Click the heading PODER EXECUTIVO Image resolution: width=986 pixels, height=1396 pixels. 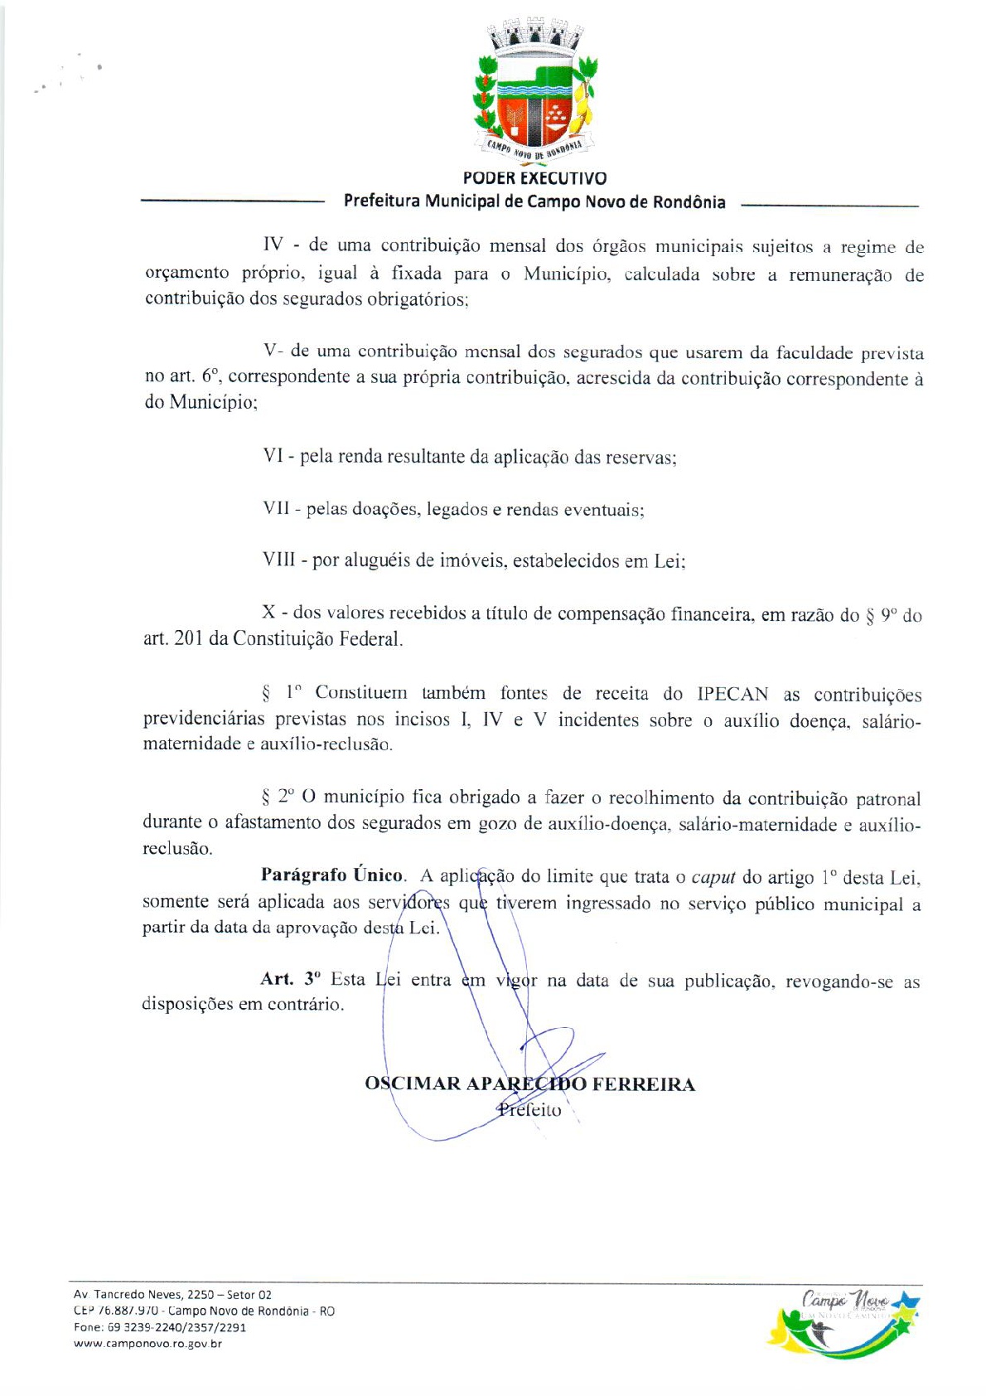[x=534, y=178]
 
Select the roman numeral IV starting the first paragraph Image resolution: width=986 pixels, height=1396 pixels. [x=273, y=245]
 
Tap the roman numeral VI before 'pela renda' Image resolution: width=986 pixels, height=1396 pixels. [x=273, y=457]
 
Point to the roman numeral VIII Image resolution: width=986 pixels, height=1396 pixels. [x=278, y=561]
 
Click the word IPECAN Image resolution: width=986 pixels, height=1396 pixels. [x=732, y=695]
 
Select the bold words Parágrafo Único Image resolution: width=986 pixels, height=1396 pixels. [x=332, y=876]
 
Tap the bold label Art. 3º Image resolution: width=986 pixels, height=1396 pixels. [x=290, y=980]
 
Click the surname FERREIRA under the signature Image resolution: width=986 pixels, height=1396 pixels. [x=643, y=1084]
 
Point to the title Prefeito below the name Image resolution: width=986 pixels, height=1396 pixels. [x=529, y=1111]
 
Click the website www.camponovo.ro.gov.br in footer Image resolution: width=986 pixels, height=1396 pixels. [x=147, y=1344]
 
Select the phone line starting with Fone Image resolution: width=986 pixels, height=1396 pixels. [x=159, y=1327]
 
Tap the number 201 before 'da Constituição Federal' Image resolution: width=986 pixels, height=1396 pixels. [x=189, y=639]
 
